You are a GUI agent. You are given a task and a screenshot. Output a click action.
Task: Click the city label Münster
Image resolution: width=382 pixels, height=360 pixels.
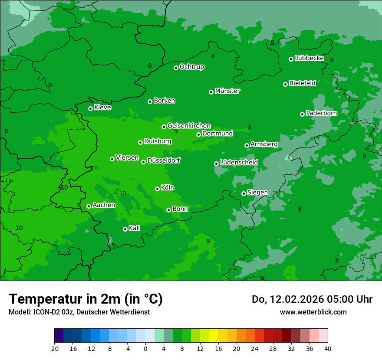227,91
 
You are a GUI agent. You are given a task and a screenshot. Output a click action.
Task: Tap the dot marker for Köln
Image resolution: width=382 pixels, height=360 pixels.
157,189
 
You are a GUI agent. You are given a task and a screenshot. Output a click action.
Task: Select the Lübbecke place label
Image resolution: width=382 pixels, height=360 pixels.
309,58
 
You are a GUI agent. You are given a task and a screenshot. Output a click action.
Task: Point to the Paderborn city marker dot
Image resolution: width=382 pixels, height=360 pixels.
302,114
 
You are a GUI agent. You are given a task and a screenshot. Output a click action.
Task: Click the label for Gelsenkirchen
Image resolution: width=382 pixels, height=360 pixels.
189,126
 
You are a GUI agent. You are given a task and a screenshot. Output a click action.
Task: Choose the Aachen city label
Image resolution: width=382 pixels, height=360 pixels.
104,205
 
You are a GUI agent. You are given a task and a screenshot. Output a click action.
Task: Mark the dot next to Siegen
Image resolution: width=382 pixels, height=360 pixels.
244,193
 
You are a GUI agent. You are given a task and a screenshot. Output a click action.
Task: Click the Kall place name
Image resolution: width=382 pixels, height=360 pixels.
134,228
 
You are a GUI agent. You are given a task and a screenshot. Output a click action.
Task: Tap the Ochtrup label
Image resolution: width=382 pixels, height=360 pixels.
191,67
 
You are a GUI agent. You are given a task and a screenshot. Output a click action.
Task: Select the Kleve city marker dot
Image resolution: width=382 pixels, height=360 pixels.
90,108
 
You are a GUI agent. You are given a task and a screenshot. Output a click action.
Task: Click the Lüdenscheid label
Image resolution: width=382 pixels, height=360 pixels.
239,163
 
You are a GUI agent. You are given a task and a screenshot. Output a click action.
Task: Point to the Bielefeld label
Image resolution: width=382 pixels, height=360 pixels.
302,83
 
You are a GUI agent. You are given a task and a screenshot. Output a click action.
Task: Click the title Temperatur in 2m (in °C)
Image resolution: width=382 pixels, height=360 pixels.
86,299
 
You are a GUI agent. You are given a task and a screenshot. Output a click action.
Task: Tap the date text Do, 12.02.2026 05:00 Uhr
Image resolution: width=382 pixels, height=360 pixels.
312,299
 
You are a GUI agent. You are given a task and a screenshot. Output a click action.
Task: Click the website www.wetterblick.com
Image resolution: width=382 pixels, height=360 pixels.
313,312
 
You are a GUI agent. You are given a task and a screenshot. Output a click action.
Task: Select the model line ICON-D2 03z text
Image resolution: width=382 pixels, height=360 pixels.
79,312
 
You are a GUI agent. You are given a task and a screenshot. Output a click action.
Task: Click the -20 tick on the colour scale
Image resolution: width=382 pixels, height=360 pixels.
54,348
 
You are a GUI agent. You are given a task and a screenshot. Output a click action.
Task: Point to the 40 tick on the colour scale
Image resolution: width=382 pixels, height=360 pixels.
328,348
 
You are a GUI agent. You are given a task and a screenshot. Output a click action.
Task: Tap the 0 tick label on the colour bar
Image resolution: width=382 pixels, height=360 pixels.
145,348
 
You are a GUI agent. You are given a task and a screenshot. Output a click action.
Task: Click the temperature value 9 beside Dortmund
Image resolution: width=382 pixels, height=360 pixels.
176,131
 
